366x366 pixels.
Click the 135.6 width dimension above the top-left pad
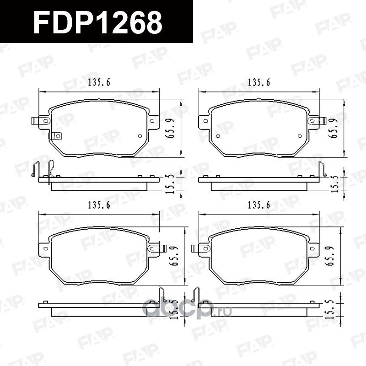[98, 83]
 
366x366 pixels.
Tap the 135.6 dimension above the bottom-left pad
[98, 205]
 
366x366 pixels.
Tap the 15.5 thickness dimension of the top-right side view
[337, 182]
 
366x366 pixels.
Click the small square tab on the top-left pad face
[57, 136]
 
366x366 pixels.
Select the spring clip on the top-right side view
[322, 169]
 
